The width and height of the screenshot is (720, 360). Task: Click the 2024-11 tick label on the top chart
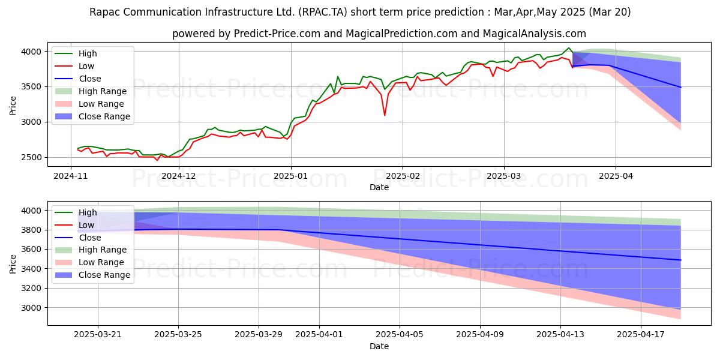point(70,176)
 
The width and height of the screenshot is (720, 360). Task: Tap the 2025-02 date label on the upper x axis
point(403,176)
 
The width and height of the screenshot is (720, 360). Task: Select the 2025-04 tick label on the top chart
point(616,176)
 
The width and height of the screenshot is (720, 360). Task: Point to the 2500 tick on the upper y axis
point(31,157)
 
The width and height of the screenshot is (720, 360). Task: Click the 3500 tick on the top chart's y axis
point(31,87)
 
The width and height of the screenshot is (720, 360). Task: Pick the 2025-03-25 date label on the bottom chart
point(178,335)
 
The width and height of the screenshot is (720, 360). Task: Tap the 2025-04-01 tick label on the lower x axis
point(319,335)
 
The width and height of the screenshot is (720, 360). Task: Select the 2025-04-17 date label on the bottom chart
point(641,335)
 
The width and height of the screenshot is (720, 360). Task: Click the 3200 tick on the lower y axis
point(31,289)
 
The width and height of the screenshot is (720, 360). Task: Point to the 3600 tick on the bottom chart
point(31,250)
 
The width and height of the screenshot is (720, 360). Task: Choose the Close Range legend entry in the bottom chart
point(92,275)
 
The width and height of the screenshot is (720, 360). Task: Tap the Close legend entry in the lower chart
point(78,238)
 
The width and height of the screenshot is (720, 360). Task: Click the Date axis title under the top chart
point(379,187)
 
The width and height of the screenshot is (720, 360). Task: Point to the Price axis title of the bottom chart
point(13,264)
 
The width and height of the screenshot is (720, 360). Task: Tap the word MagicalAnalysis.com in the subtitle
point(534,34)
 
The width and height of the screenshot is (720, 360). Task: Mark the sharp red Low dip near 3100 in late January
point(385,115)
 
